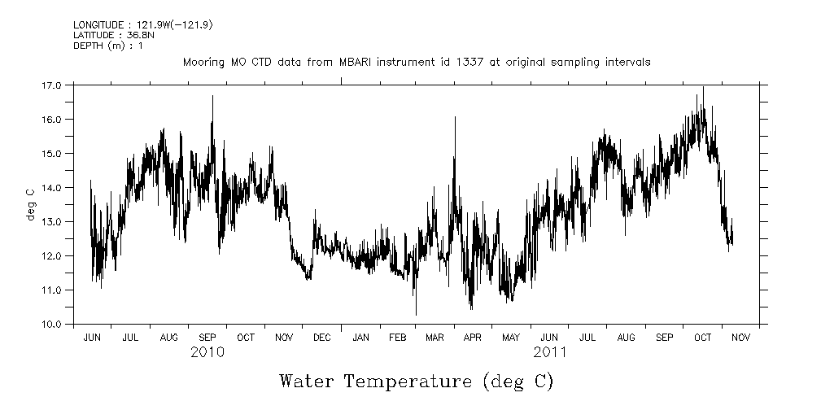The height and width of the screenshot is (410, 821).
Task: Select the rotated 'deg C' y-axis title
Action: (x=30, y=203)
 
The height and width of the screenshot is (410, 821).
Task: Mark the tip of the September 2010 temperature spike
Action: (x=213, y=96)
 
